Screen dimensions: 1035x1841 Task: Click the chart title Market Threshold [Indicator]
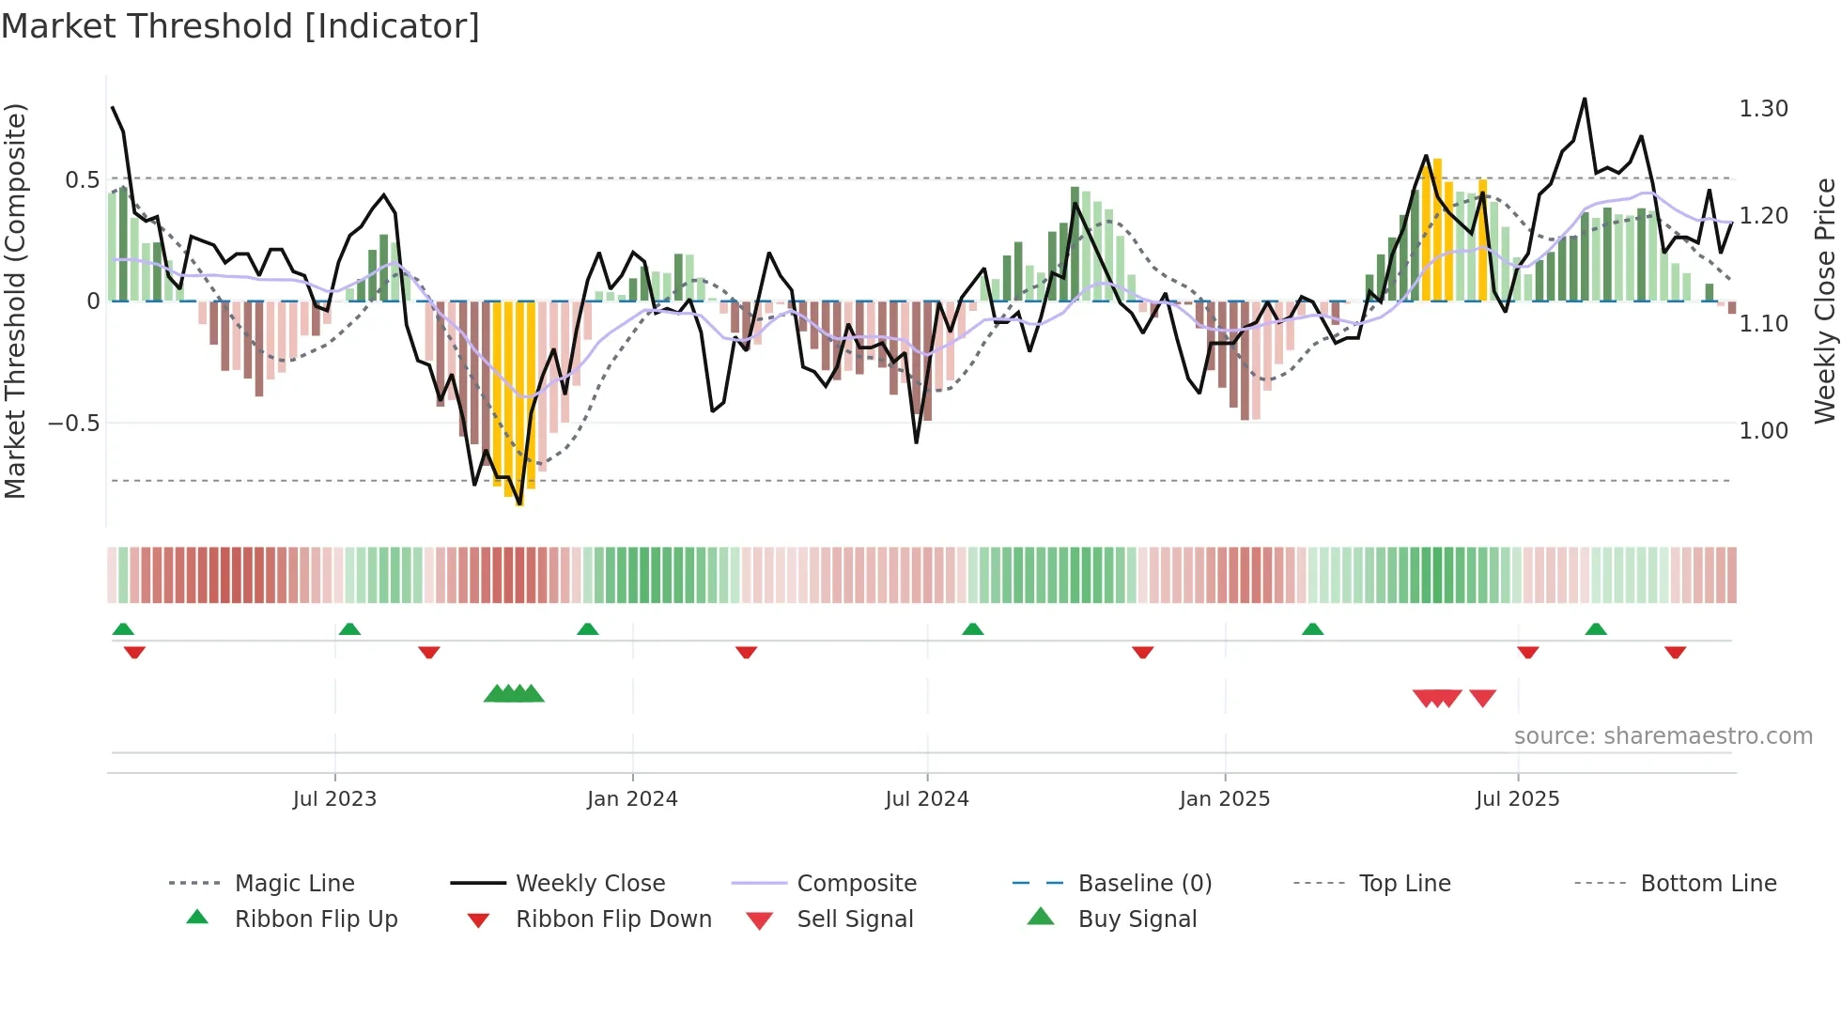pos(240,26)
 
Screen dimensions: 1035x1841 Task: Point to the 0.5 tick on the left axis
pos(83,179)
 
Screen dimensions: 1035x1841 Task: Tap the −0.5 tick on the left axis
pos(74,424)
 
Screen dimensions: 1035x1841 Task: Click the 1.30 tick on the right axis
pos(1763,109)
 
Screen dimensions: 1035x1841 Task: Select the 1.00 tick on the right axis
pos(1763,431)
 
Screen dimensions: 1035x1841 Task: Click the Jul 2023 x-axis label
pos(334,799)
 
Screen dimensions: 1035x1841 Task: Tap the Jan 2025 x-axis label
pos(1224,799)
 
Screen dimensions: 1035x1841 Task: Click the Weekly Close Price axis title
pos(1824,301)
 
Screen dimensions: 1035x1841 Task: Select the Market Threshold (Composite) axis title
pos(15,301)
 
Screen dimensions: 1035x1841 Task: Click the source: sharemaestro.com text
pos(1663,736)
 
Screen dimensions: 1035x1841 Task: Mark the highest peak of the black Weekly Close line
pos(1585,99)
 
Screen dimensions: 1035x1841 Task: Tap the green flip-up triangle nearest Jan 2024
pos(588,629)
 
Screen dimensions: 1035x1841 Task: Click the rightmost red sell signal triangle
pos(1482,698)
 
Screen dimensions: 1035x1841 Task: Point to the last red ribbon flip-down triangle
pos(1675,652)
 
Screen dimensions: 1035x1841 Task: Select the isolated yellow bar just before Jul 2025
pos(1482,239)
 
